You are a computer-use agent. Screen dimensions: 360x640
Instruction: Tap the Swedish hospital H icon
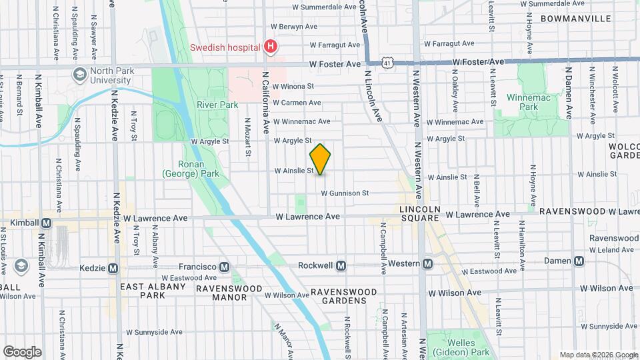pyautogui.click(x=270, y=47)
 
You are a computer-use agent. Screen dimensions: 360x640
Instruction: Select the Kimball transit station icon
pyautogui.click(x=46, y=223)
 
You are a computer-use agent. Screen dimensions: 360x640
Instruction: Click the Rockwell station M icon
pyautogui.click(x=341, y=265)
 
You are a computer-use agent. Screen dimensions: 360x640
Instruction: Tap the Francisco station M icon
pyautogui.click(x=225, y=267)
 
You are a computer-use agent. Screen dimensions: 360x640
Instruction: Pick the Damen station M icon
pyautogui.click(x=579, y=261)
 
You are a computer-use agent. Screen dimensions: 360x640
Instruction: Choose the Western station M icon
pyautogui.click(x=427, y=264)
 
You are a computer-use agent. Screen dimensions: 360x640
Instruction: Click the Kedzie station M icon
pyautogui.click(x=113, y=268)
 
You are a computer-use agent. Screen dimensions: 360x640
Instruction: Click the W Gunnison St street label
pyautogui.click(x=345, y=193)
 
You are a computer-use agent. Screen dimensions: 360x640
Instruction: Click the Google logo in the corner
pyautogui.click(x=22, y=351)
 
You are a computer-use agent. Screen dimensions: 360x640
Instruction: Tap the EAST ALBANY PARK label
pyautogui.click(x=152, y=291)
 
